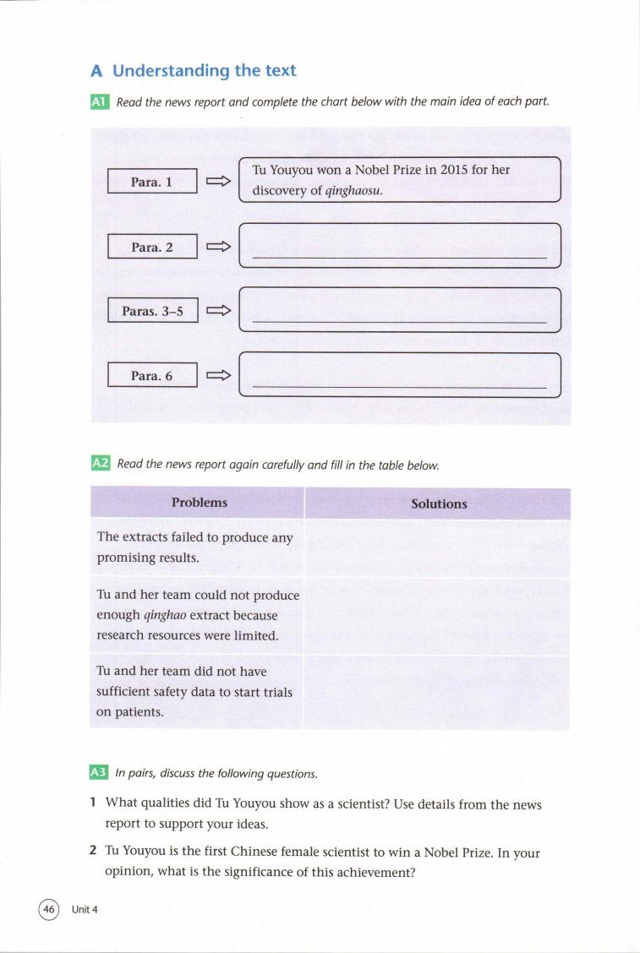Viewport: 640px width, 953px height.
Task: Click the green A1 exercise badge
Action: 99,102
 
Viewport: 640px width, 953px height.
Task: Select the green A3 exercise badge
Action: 99,773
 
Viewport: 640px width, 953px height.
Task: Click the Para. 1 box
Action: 152,182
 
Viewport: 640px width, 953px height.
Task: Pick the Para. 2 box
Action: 152,247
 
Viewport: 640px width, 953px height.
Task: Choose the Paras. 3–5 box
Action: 152,311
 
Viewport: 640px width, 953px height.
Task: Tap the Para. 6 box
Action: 152,376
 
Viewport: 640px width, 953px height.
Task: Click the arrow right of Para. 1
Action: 219,182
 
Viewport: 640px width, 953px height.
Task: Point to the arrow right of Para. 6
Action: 219,376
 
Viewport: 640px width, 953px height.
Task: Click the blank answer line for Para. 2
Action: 399,257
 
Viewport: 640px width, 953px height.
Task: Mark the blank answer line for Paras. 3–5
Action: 399,322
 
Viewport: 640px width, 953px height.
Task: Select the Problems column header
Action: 200,503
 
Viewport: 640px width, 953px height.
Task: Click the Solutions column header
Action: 439,504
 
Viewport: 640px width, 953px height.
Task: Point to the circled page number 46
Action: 48,909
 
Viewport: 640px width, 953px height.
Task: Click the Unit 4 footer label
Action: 85,909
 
